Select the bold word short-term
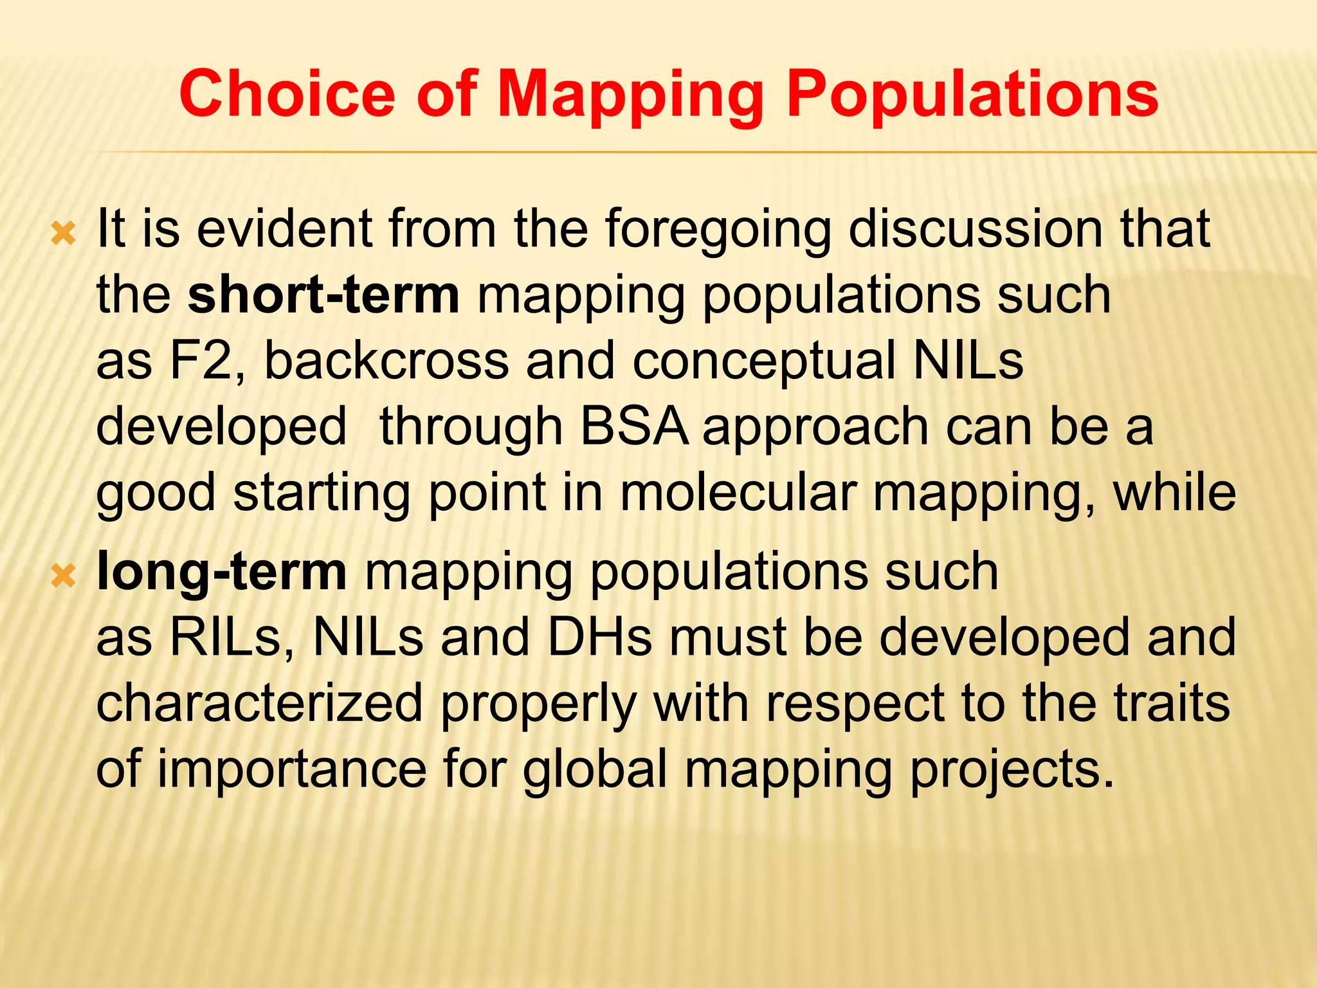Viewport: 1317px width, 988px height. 323,295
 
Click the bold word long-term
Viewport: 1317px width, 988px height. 222,572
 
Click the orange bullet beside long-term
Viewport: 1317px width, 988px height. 64,576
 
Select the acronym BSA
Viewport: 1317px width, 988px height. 633,427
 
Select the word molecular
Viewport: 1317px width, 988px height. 738,493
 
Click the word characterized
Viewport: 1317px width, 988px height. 259,704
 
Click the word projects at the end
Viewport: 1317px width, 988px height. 1012,770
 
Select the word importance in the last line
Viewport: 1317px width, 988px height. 292,770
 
